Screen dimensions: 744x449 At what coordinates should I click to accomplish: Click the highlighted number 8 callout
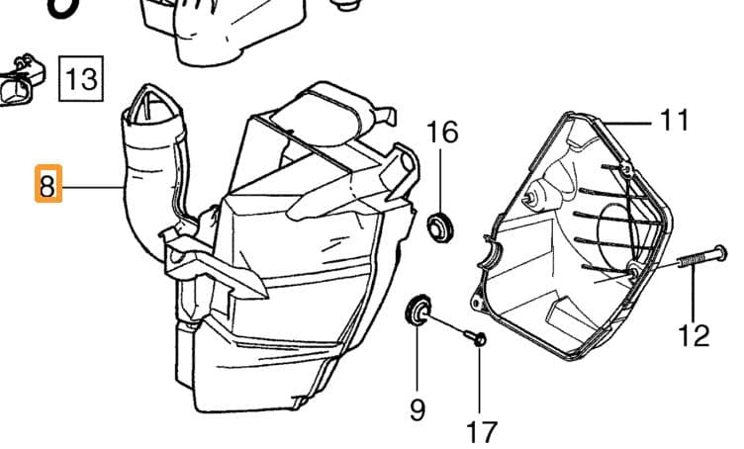[48, 184]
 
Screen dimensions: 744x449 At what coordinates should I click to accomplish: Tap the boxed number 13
[81, 78]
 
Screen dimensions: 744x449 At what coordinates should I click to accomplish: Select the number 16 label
[442, 133]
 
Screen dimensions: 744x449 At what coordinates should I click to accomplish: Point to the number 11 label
[675, 121]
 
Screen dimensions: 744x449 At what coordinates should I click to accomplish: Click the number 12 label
[695, 335]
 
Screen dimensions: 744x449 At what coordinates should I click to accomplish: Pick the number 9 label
[418, 409]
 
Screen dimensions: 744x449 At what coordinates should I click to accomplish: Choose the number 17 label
[482, 432]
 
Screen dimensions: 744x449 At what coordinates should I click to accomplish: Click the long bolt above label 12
[702, 256]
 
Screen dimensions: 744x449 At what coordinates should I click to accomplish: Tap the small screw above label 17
[475, 337]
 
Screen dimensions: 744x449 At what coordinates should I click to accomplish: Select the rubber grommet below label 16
[441, 228]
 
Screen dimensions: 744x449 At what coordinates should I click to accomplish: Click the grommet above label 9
[418, 311]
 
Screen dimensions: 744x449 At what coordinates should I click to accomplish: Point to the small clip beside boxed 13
[22, 80]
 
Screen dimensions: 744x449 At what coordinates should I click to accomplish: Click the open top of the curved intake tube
[152, 107]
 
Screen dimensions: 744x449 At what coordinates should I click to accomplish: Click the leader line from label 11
[628, 124]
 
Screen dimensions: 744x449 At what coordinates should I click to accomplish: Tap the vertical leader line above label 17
[480, 380]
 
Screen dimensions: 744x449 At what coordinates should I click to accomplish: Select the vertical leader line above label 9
[418, 358]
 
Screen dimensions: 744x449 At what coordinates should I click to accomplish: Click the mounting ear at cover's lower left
[476, 302]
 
